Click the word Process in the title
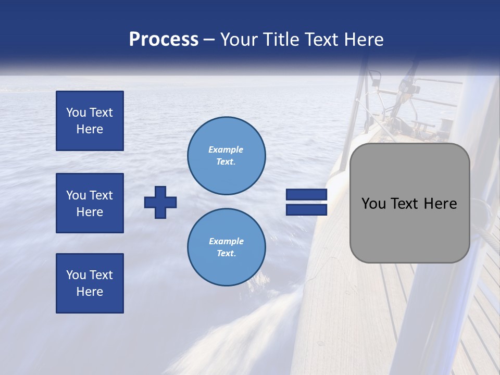click(x=164, y=40)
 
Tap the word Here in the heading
click(x=363, y=40)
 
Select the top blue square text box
click(x=90, y=121)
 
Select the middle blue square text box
click(x=90, y=203)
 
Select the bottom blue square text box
click(x=90, y=283)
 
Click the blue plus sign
click(x=160, y=202)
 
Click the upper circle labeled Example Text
click(x=227, y=156)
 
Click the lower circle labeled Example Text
click(x=227, y=247)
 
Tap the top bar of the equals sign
click(x=306, y=195)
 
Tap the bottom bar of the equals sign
click(x=306, y=210)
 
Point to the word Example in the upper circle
click(x=226, y=150)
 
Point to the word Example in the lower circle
click(x=226, y=242)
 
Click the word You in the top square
click(x=76, y=113)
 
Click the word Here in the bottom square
click(x=90, y=292)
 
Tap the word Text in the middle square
click(x=101, y=195)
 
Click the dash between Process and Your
click(x=209, y=40)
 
